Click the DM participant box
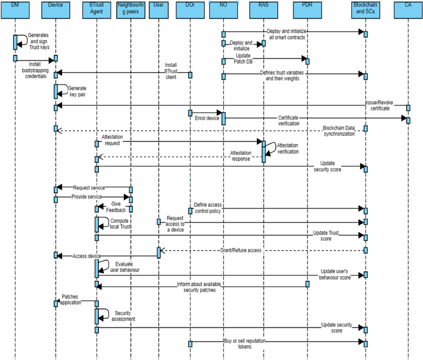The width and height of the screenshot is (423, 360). (x=15, y=10)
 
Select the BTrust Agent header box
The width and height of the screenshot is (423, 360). (x=96, y=10)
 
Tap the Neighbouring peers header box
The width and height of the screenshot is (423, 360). (x=131, y=10)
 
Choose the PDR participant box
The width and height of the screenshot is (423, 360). (x=307, y=10)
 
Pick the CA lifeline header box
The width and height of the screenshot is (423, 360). (x=408, y=10)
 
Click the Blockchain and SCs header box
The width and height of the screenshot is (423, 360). (x=365, y=10)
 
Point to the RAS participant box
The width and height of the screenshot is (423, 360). (x=263, y=10)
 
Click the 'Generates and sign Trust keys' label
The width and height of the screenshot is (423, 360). (x=39, y=41)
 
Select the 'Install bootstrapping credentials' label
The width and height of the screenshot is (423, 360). (x=35, y=70)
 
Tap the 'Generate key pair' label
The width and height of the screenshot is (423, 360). (x=77, y=91)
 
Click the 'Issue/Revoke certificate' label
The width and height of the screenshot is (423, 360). (x=380, y=105)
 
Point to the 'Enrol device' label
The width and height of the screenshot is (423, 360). (x=207, y=118)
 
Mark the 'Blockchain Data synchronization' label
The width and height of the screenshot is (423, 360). (x=339, y=131)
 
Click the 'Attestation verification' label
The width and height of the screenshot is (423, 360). (x=288, y=148)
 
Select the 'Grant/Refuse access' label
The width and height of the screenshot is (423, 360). (x=241, y=250)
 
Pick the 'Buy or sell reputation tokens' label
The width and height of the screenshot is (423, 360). (x=245, y=344)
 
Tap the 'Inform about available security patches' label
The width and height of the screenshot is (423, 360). (x=199, y=287)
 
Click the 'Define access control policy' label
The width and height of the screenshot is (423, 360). (x=208, y=208)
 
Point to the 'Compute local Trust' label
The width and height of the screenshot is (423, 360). (x=120, y=224)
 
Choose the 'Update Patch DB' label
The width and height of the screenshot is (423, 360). (x=243, y=59)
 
